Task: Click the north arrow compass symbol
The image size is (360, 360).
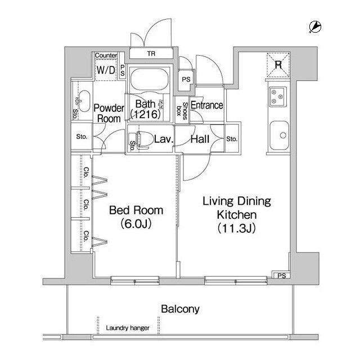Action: click(316, 26)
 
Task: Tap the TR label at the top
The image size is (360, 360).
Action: click(151, 54)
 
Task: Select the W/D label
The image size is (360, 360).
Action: click(106, 70)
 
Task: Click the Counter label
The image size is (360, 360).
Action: click(106, 55)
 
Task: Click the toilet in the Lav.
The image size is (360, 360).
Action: click(142, 138)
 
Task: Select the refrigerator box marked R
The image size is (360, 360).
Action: click(278, 64)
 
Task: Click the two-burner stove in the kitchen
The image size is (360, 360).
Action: click(277, 98)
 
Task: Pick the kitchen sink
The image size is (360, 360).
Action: click(278, 136)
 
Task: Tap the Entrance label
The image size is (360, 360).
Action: click(206, 105)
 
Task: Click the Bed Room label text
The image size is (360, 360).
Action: click(136, 210)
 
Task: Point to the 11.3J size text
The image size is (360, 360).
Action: click(237, 228)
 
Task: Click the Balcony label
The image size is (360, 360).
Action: click(180, 309)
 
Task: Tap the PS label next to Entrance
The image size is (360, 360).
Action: click(186, 80)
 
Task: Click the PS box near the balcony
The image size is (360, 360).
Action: click(281, 275)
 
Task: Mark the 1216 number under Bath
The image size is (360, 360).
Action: click(146, 114)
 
